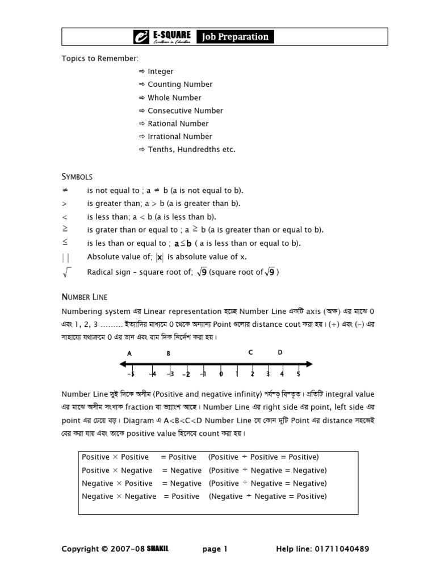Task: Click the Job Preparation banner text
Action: (234, 37)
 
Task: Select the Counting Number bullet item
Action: (180, 85)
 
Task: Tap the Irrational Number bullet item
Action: (179, 137)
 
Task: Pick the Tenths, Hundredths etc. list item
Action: (191, 150)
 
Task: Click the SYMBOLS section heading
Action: (77, 177)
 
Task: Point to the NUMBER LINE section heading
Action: (84, 297)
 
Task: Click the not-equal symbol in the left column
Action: (65, 190)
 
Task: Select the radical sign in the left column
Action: (66, 272)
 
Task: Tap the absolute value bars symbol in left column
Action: (65, 258)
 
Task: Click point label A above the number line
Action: (129, 353)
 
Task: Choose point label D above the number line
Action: (280, 352)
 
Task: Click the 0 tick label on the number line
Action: (221, 374)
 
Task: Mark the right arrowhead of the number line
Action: (309, 364)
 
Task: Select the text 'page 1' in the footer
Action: (215, 549)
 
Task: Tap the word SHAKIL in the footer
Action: (158, 549)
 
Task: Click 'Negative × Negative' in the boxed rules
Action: (119, 496)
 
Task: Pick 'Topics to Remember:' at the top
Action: (100, 58)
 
